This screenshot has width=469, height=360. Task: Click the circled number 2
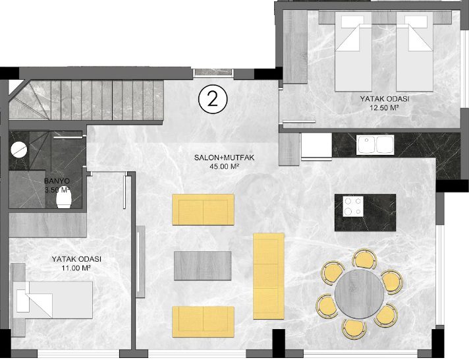click(x=213, y=100)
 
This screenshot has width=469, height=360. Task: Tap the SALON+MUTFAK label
click(x=224, y=158)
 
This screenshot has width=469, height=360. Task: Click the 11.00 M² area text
click(x=76, y=268)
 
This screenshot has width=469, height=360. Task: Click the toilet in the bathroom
click(x=64, y=199)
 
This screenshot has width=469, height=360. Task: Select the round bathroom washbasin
click(x=19, y=149)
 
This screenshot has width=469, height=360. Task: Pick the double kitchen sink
click(x=375, y=144)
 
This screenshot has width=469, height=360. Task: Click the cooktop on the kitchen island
click(x=353, y=206)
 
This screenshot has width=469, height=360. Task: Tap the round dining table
click(x=360, y=294)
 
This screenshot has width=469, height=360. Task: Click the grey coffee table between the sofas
click(x=202, y=266)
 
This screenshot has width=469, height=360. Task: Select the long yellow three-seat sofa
click(x=269, y=276)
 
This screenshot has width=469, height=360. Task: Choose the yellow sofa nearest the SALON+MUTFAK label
click(x=203, y=210)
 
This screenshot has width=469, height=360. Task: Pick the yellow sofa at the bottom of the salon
click(x=203, y=322)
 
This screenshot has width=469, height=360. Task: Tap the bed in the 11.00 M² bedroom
click(x=55, y=300)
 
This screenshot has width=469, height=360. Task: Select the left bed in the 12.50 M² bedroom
click(x=354, y=51)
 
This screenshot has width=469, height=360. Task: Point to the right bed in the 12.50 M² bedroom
click(x=415, y=51)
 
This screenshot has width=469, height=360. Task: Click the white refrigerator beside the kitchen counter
click(x=317, y=146)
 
